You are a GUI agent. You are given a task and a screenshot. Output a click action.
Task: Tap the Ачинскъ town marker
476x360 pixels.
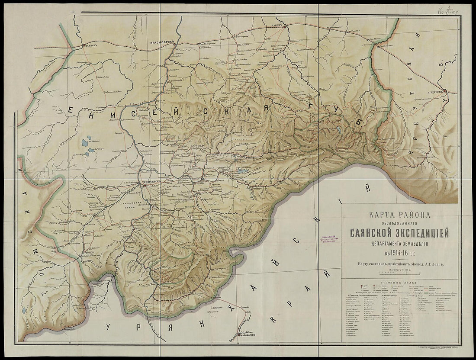point(84,45)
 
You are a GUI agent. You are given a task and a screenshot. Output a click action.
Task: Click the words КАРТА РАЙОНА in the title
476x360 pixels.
point(399,215)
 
